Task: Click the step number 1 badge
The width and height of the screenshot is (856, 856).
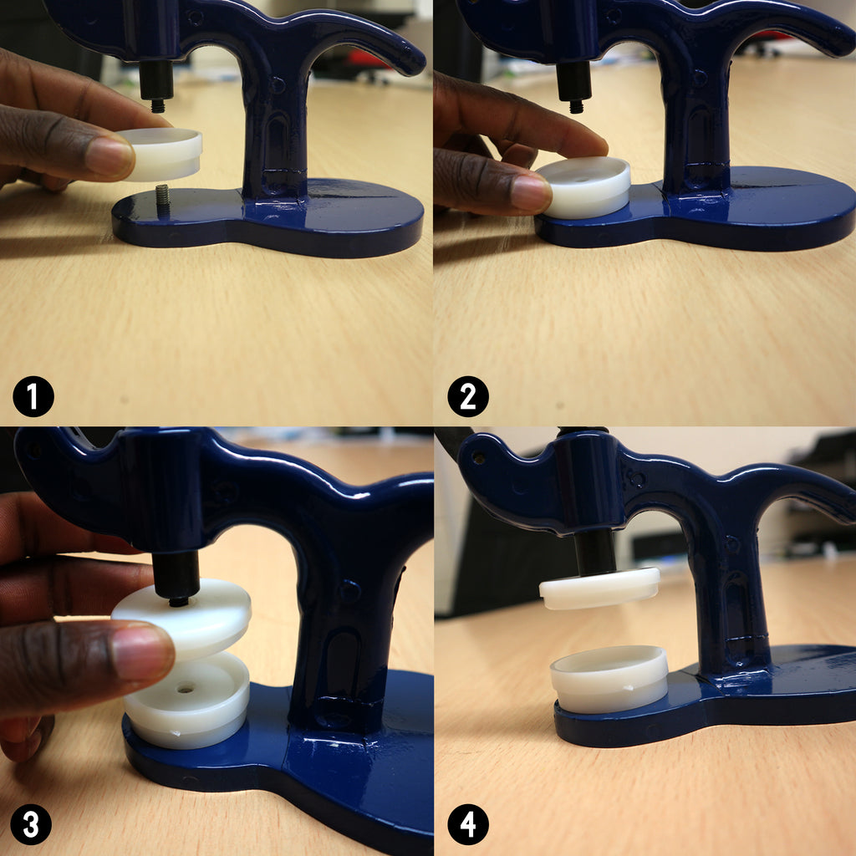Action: pyautogui.click(x=33, y=396)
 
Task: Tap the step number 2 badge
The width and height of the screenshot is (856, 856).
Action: pyautogui.click(x=468, y=396)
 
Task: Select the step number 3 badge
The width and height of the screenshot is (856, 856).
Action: pyautogui.click(x=31, y=824)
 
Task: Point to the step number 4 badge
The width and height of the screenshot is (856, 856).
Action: pyautogui.click(x=468, y=824)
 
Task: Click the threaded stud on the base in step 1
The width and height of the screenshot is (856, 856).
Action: pyautogui.click(x=163, y=200)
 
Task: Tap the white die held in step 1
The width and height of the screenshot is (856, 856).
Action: pyautogui.click(x=161, y=154)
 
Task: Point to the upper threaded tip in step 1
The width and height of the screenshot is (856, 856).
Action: pyautogui.click(x=158, y=105)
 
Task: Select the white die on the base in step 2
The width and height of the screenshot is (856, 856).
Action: pyautogui.click(x=584, y=186)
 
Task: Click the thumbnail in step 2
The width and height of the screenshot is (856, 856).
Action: pyautogui.click(x=530, y=194)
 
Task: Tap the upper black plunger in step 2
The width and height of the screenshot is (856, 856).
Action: pyautogui.click(x=573, y=83)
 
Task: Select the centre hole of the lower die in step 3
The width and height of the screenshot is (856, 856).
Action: pyautogui.click(x=186, y=689)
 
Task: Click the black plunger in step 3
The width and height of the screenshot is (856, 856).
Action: pyautogui.click(x=176, y=578)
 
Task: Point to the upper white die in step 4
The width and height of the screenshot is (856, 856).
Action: pyautogui.click(x=599, y=588)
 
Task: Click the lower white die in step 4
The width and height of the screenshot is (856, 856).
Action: pyautogui.click(x=609, y=679)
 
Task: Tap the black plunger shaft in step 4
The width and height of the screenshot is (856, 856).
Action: pyautogui.click(x=595, y=553)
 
